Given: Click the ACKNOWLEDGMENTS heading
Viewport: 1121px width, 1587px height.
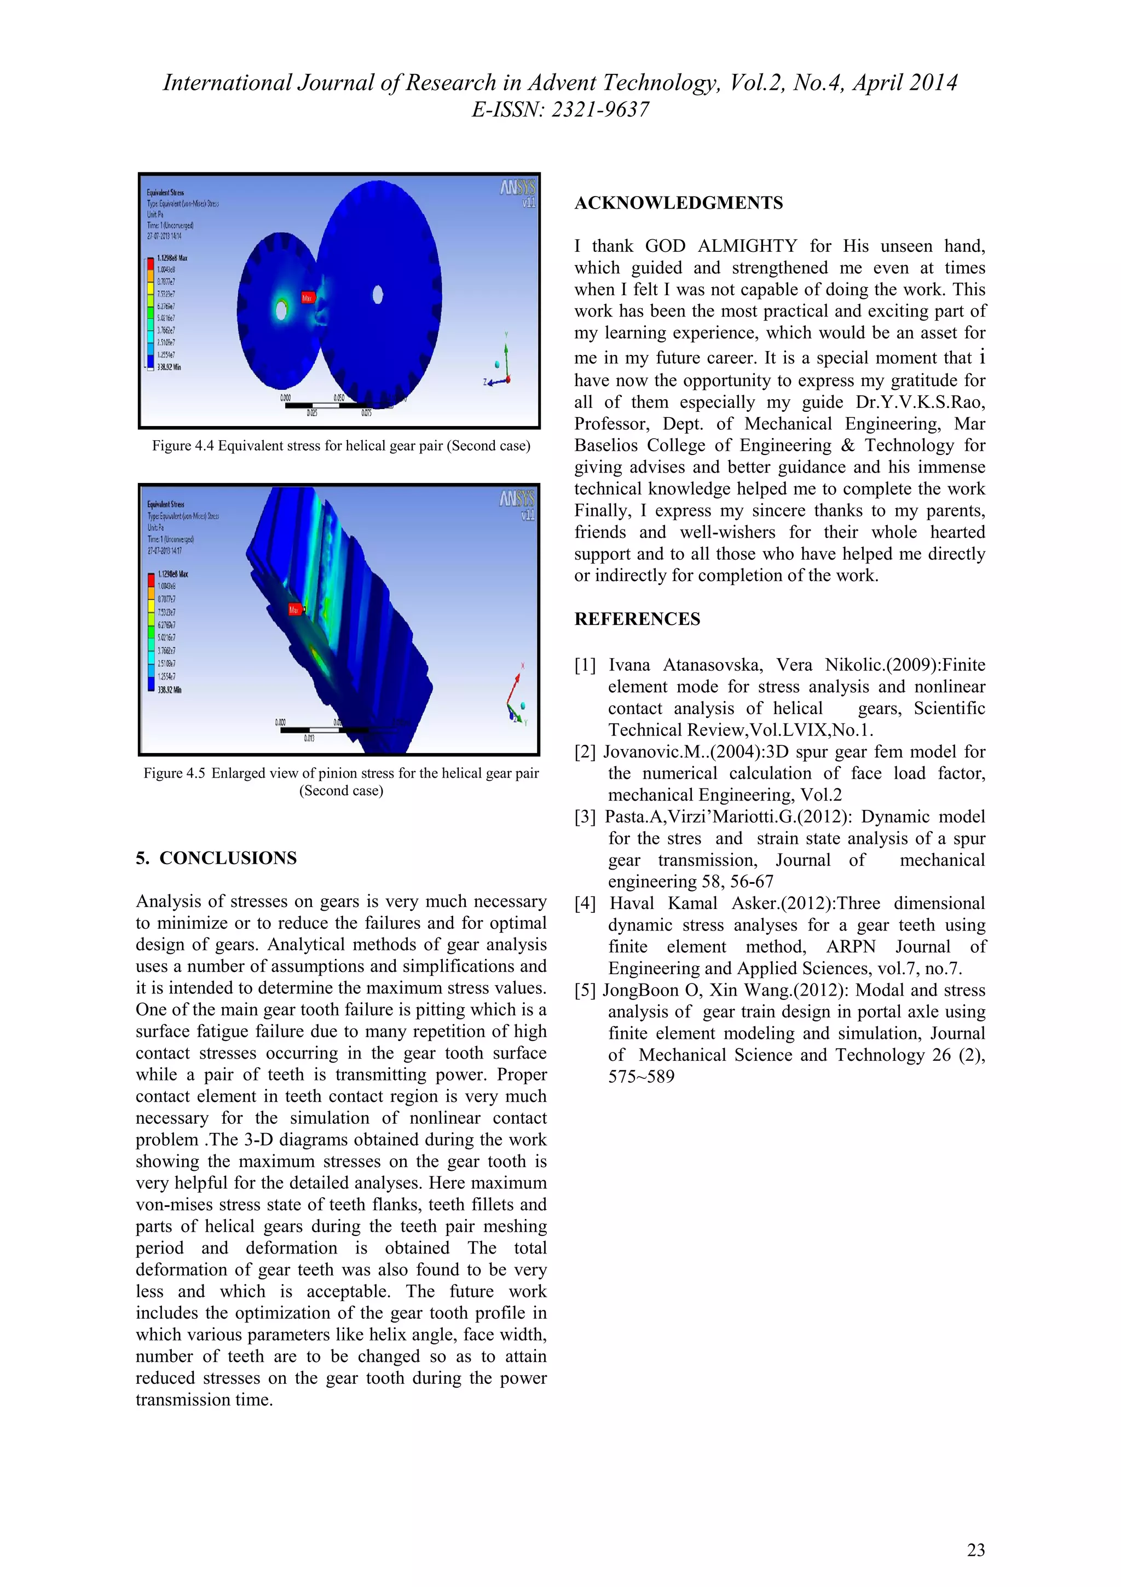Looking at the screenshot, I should click(678, 203).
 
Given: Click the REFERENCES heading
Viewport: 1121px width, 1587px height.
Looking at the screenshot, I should click(637, 619).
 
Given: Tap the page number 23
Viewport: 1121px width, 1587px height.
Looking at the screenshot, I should click(975, 1550).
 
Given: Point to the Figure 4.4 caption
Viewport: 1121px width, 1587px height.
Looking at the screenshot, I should click(341, 446).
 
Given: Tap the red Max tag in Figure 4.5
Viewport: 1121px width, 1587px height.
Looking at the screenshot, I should click(295, 610).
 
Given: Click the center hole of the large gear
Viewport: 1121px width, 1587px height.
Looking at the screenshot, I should click(378, 295).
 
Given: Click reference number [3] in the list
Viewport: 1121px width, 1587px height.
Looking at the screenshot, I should click(585, 817).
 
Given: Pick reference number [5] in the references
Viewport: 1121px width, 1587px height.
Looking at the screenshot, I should click(585, 991).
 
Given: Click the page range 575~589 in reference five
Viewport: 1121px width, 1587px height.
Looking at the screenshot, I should click(641, 1077).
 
